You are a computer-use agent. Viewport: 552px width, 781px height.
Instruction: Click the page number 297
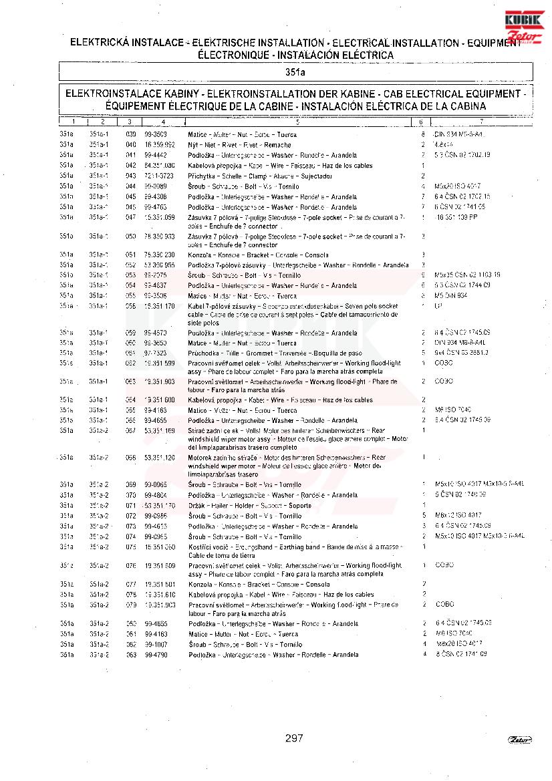click(x=294, y=738)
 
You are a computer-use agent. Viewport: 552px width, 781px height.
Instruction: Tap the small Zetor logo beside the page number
click(x=519, y=739)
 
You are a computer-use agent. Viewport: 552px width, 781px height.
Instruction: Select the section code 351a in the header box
click(x=295, y=71)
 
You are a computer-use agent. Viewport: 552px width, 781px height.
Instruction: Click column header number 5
click(x=297, y=122)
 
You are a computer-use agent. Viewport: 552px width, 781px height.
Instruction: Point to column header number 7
click(x=480, y=122)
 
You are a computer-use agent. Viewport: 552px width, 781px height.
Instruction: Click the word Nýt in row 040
click(x=192, y=144)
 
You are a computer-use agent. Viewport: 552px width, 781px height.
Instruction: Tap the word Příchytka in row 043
click(x=202, y=176)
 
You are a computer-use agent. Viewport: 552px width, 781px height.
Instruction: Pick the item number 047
click(x=131, y=217)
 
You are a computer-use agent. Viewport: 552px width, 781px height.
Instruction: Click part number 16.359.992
click(x=160, y=144)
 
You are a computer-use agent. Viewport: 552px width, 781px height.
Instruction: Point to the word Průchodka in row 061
click(x=204, y=353)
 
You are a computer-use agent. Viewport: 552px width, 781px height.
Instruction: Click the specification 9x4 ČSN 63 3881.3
click(x=461, y=352)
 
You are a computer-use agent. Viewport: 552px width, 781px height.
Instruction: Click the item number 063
click(x=131, y=381)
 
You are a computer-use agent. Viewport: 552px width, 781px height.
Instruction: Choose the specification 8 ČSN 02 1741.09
click(x=462, y=654)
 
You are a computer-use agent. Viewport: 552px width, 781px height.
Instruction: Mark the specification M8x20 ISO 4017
click(x=458, y=644)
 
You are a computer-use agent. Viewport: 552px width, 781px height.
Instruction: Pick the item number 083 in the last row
click(x=131, y=655)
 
